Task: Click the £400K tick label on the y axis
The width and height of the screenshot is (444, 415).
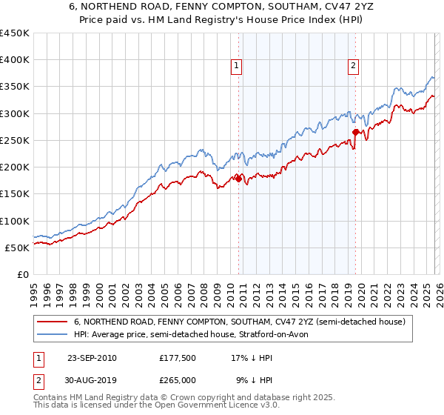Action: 15,60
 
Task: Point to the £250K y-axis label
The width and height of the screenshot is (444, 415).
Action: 15,140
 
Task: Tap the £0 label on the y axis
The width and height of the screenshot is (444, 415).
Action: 23,274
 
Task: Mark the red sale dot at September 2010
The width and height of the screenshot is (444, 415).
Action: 238,179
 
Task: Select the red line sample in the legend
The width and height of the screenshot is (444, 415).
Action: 52,322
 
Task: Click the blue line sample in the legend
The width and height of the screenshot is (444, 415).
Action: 52,335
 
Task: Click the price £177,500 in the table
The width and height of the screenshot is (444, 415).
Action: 178,358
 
